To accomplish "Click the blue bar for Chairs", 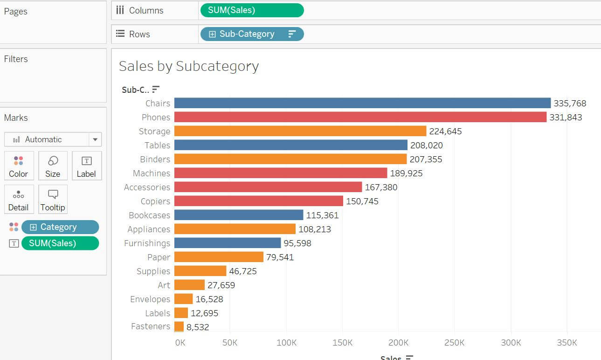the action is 362,103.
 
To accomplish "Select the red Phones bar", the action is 360,117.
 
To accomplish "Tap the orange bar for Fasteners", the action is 179,326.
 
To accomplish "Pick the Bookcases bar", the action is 239,215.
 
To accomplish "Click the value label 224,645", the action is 445,131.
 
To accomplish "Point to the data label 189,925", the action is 406,173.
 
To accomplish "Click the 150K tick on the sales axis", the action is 342,343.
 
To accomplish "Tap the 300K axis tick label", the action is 511,343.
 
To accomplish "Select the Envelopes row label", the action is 150,299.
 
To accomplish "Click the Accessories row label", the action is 147,187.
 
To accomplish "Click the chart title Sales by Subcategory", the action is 189,66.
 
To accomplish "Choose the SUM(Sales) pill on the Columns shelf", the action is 252,10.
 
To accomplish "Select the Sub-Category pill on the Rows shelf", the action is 252,34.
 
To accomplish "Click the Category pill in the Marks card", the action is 60,227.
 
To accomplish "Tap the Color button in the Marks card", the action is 19,166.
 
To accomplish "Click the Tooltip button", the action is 53,199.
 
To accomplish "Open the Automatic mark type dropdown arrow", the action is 95,139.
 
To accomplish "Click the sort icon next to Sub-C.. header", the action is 156,89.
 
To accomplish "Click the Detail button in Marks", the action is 19,199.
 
